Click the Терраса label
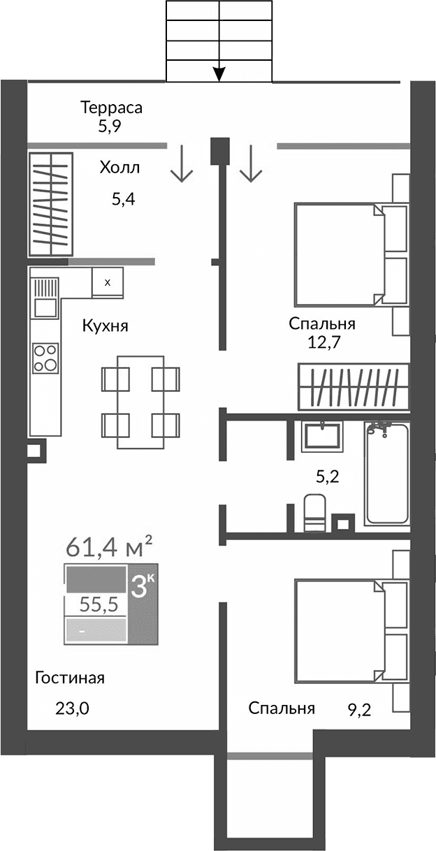(x=111, y=108)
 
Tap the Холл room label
(x=119, y=168)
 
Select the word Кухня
(x=105, y=325)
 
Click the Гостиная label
(x=70, y=678)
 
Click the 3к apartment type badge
(x=143, y=586)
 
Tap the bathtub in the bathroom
(x=386, y=473)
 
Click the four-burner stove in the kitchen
(x=45, y=358)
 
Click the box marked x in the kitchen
(x=107, y=282)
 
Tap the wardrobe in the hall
(x=51, y=203)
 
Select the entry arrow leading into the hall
(x=182, y=163)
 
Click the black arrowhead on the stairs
(x=219, y=72)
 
